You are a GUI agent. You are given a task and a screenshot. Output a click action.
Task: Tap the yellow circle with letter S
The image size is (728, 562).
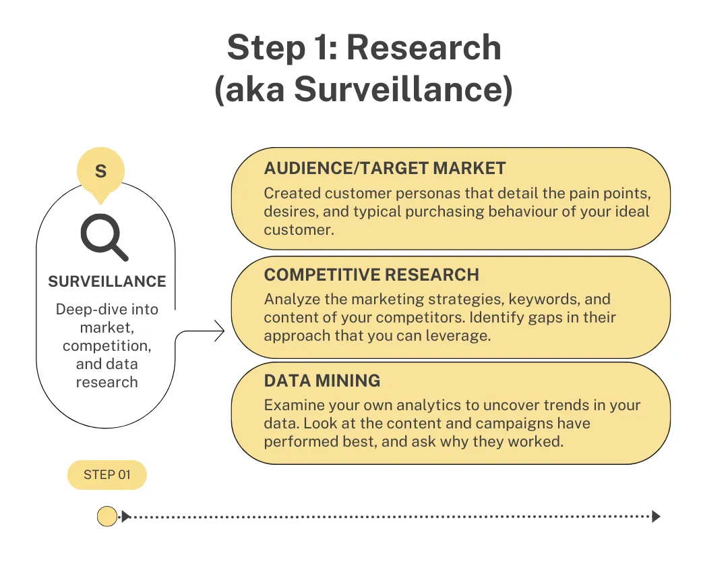100,171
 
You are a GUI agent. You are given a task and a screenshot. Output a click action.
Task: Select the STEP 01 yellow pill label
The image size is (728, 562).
107,475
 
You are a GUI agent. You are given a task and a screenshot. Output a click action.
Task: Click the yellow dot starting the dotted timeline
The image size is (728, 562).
107,517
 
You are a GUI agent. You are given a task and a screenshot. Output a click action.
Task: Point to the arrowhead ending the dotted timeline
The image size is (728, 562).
656,517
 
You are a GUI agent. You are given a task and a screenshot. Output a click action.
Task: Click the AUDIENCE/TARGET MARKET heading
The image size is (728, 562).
385,169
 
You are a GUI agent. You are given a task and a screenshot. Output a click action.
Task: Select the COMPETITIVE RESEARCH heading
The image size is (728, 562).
371,275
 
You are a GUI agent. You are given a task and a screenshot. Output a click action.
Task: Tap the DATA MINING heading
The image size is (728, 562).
322,381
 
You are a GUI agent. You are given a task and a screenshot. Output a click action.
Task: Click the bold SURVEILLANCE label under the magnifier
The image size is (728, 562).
107,281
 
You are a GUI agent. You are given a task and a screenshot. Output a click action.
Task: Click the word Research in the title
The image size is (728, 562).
424,49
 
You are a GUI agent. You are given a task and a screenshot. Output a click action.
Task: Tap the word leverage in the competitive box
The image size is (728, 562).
460,335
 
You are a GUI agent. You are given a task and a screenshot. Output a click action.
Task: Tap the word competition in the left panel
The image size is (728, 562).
107,346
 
